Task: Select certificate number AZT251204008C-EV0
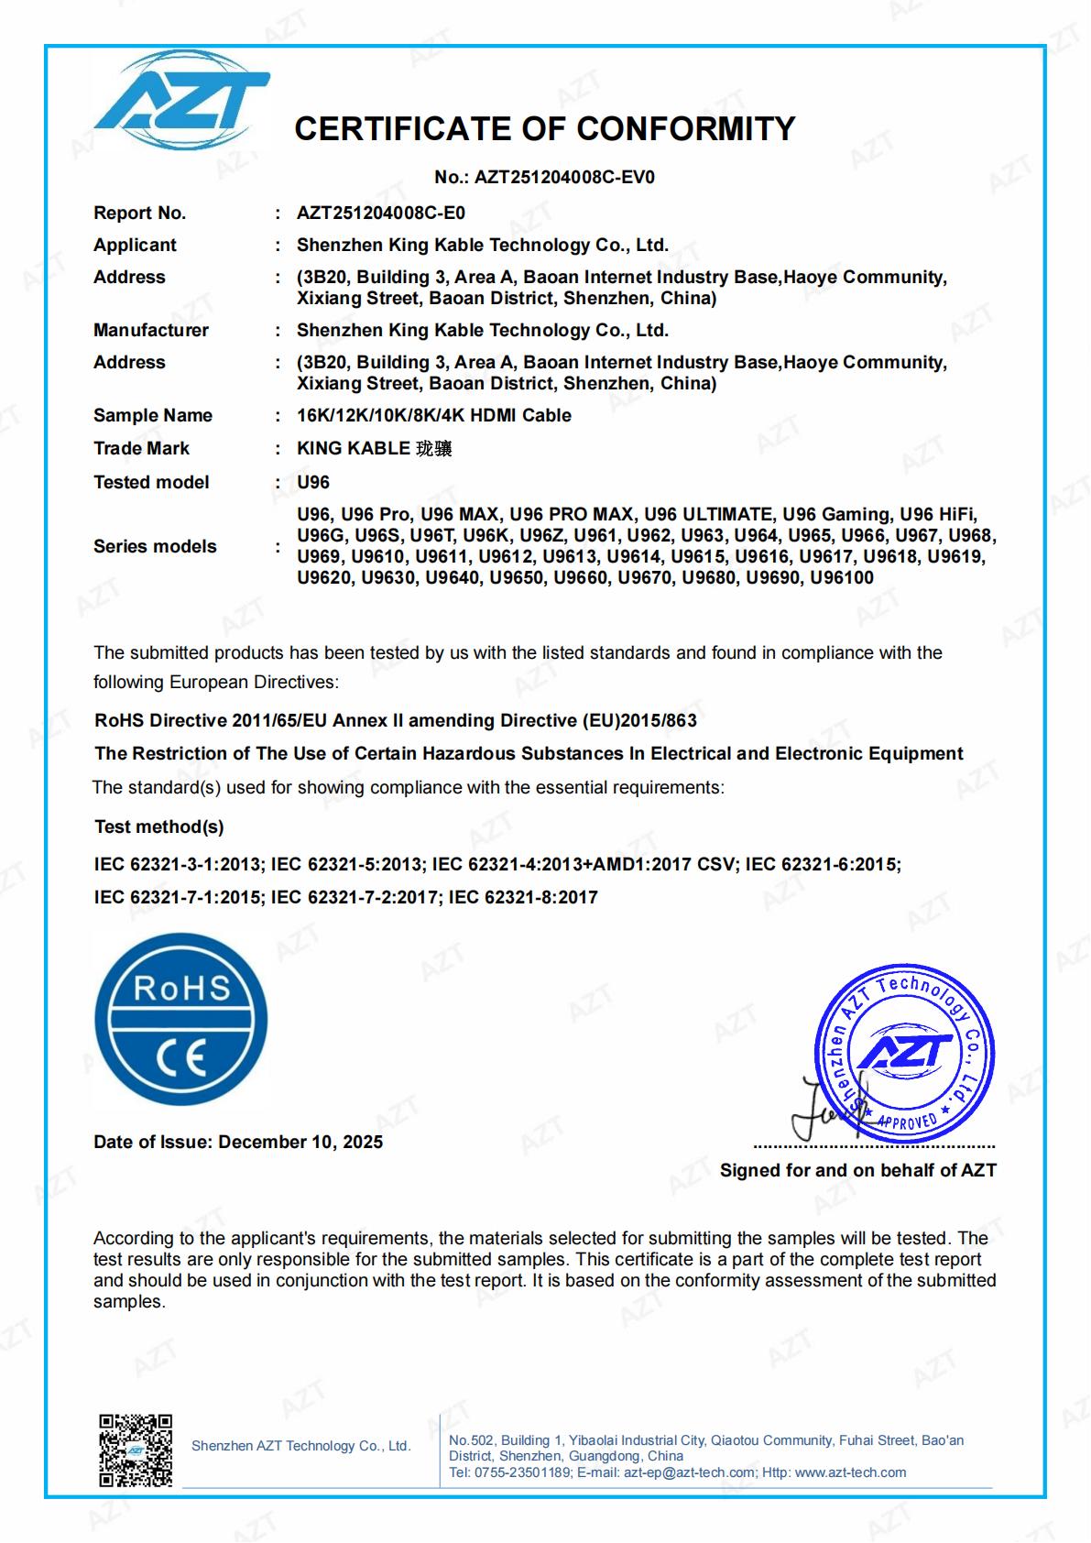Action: (x=564, y=178)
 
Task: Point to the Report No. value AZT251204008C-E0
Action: (x=380, y=213)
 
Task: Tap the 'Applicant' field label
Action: (x=135, y=246)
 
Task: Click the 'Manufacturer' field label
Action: (x=151, y=331)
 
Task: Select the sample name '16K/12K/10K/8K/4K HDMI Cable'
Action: (x=433, y=416)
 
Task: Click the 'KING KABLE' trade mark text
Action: (x=353, y=449)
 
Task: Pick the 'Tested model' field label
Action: (x=151, y=483)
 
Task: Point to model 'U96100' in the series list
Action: (x=841, y=578)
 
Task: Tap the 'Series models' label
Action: (x=155, y=547)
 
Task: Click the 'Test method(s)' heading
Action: (x=158, y=827)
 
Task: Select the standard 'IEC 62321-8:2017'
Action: (x=523, y=898)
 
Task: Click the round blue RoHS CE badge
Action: (x=181, y=1020)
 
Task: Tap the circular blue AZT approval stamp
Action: (x=903, y=1053)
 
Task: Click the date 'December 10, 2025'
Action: (x=300, y=1143)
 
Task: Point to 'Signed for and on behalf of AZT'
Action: (x=857, y=1171)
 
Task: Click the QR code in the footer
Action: (x=136, y=1450)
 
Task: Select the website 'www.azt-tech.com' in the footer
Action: (x=850, y=1472)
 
